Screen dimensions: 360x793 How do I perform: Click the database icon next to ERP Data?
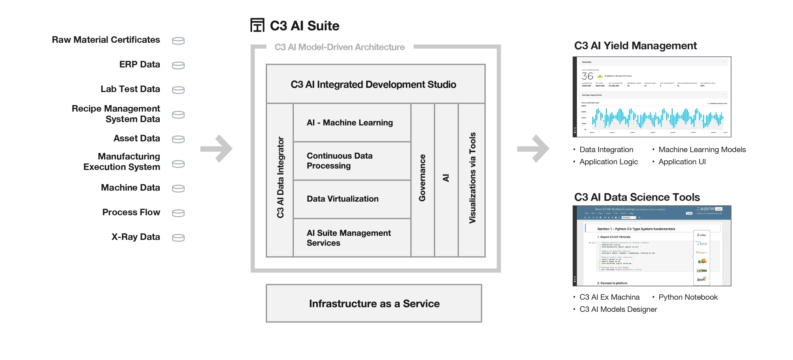[178, 65]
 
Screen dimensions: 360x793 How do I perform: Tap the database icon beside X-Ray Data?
[178, 238]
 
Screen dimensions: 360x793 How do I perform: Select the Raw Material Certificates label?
[106, 40]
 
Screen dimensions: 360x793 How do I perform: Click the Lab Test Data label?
[130, 89]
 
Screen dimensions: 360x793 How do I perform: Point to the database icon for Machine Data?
[178, 188]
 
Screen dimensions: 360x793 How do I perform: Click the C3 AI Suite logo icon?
[257, 25]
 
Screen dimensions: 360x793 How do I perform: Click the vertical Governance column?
[422, 179]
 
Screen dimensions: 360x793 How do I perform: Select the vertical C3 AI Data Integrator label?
[280, 178]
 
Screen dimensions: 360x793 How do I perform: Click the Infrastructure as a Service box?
[374, 303]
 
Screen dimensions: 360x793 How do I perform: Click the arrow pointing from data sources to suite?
[217, 148]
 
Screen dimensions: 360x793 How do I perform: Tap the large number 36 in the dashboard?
[587, 76]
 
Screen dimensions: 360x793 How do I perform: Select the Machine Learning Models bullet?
[702, 150]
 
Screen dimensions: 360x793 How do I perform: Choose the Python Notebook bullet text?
[688, 297]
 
